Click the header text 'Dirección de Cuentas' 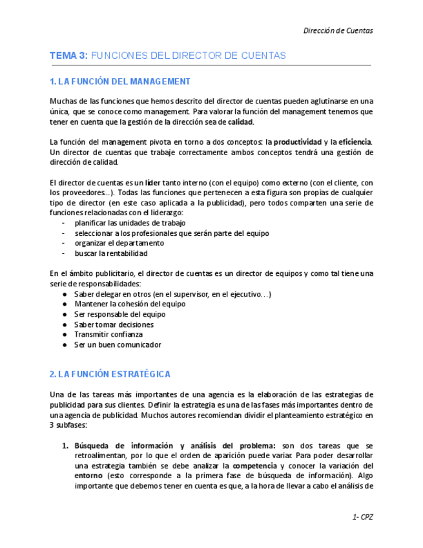point(338,30)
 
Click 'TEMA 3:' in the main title point(68,56)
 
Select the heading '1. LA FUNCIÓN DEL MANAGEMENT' point(120,81)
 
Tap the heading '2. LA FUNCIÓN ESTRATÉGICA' point(110,374)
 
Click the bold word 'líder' point(153,183)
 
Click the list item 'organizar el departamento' point(119,244)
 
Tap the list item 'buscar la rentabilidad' point(111,254)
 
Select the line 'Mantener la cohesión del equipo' point(130,304)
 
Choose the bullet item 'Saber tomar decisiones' point(114,324)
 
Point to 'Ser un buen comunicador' point(118,345)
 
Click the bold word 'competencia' point(255,466)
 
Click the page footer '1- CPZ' point(363,517)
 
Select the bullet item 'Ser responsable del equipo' point(119,314)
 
